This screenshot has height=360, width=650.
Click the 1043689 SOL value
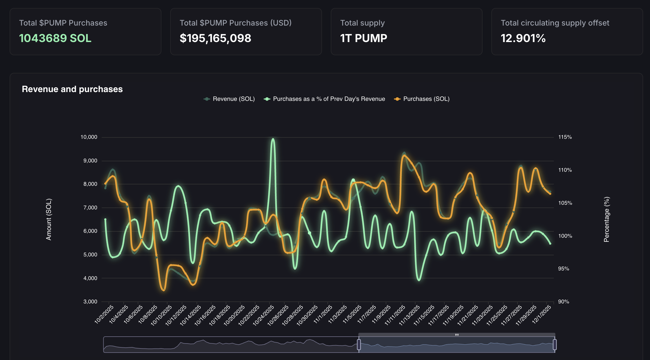tap(55, 38)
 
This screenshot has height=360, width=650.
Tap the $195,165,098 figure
tap(215, 38)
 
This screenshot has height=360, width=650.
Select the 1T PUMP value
tap(363, 38)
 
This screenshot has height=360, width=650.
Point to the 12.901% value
tap(523, 38)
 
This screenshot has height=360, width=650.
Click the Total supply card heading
tap(362, 23)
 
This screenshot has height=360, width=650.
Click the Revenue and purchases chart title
tap(72, 89)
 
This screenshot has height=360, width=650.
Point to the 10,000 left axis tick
tap(89, 137)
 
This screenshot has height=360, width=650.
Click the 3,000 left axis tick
tap(90, 302)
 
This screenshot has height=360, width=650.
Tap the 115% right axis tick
tap(565, 137)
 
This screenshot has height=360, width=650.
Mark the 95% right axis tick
tap(563, 269)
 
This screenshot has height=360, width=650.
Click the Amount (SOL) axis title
tap(49, 219)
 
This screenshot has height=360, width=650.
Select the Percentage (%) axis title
tap(607, 219)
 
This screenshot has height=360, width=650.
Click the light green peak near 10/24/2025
tap(273, 139)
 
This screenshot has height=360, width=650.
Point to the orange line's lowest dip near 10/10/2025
tap(164, 290)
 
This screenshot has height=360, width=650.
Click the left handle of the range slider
tap(359, 344)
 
